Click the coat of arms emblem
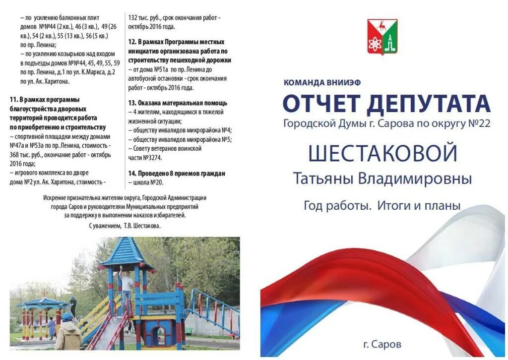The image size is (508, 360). click(382, 37)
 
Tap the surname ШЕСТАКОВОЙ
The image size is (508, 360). click(382, 153)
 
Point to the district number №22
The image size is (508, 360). click(479, 123)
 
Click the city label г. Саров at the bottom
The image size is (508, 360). click(382, 344)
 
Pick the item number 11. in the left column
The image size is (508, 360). click(14, 100)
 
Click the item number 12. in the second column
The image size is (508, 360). click(132, 42)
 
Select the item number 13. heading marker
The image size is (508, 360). click(132, 103)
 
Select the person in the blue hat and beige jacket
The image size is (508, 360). click(67, 331)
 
